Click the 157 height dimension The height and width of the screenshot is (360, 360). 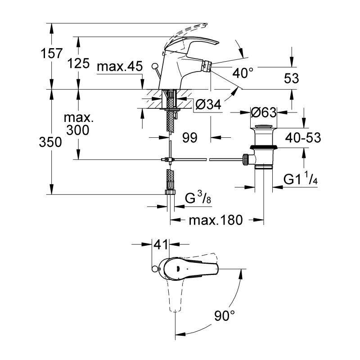pyautogui.click(x=51, y=53)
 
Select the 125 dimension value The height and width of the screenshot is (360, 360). pyautogui.click(x=78, y=63)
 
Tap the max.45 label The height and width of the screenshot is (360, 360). pyautogui.click(x=120, y=66)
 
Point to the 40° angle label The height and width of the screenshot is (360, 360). pyautogui.click(x=243, y=73)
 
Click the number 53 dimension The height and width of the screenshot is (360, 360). pyautogui.click(x=291, y=78)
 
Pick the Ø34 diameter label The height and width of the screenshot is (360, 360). pyautogui.click(x=208, y=105)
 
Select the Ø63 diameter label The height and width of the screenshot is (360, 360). pyautogui.click(x=264, y=112)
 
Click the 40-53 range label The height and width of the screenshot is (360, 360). pyautogui.click(x=303, y=138)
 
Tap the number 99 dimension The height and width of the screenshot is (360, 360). pyautogui.click(x=189, y=138)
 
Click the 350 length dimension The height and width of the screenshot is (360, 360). pyautogui.click(x=50, y=142)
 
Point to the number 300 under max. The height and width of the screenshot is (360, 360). pyautogui.click(x=77, y=130)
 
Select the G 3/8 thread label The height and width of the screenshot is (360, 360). pyautogui.click(x=198, y=198)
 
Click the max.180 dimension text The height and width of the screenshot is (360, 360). pyautogui.click(x=216, y=220)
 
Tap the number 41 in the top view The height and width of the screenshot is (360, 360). pyautogui.click(x=161, y=244)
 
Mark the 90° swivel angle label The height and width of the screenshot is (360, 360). pyautogui.click(x=225, y=315)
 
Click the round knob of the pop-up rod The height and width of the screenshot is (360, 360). pyautogui.click(x=155, y=66)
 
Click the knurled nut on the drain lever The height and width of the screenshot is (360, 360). pyautogui.click(x=245, y=159)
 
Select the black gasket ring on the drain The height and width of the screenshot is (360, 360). pyautogui.click(x=264, y=147)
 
